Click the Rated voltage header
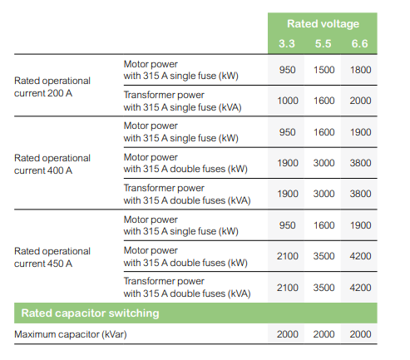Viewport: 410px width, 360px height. click(323, 24)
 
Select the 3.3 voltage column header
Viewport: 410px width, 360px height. click(287, 44)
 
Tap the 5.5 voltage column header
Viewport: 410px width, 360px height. click(324, 44)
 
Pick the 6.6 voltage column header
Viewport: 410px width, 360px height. click(360, 44)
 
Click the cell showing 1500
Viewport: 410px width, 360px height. click(324, 70)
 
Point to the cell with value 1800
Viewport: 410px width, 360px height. click(360, 70)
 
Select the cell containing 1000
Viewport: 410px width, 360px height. click(288, 101)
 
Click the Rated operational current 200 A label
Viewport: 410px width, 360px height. click(52, 87)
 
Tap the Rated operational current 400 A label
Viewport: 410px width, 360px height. click(52, 165)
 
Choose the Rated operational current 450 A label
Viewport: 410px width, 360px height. click(52, 257)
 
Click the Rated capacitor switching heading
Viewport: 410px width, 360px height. click(90, 313)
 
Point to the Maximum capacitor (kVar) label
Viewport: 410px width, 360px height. click(71, 334)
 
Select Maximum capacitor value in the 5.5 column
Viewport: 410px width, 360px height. click(324, 334)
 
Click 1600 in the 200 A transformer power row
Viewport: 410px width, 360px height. click(324, 101)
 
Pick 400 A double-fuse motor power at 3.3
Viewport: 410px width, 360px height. click(288, 163)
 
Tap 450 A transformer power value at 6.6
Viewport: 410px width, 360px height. click(360, 288)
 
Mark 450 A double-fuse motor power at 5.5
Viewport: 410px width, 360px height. click(324, 256)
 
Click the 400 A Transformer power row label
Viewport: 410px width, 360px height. click(187, 195)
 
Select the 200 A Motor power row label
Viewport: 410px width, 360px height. click(181, 70)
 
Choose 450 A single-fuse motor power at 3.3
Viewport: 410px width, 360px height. click(287, 225)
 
